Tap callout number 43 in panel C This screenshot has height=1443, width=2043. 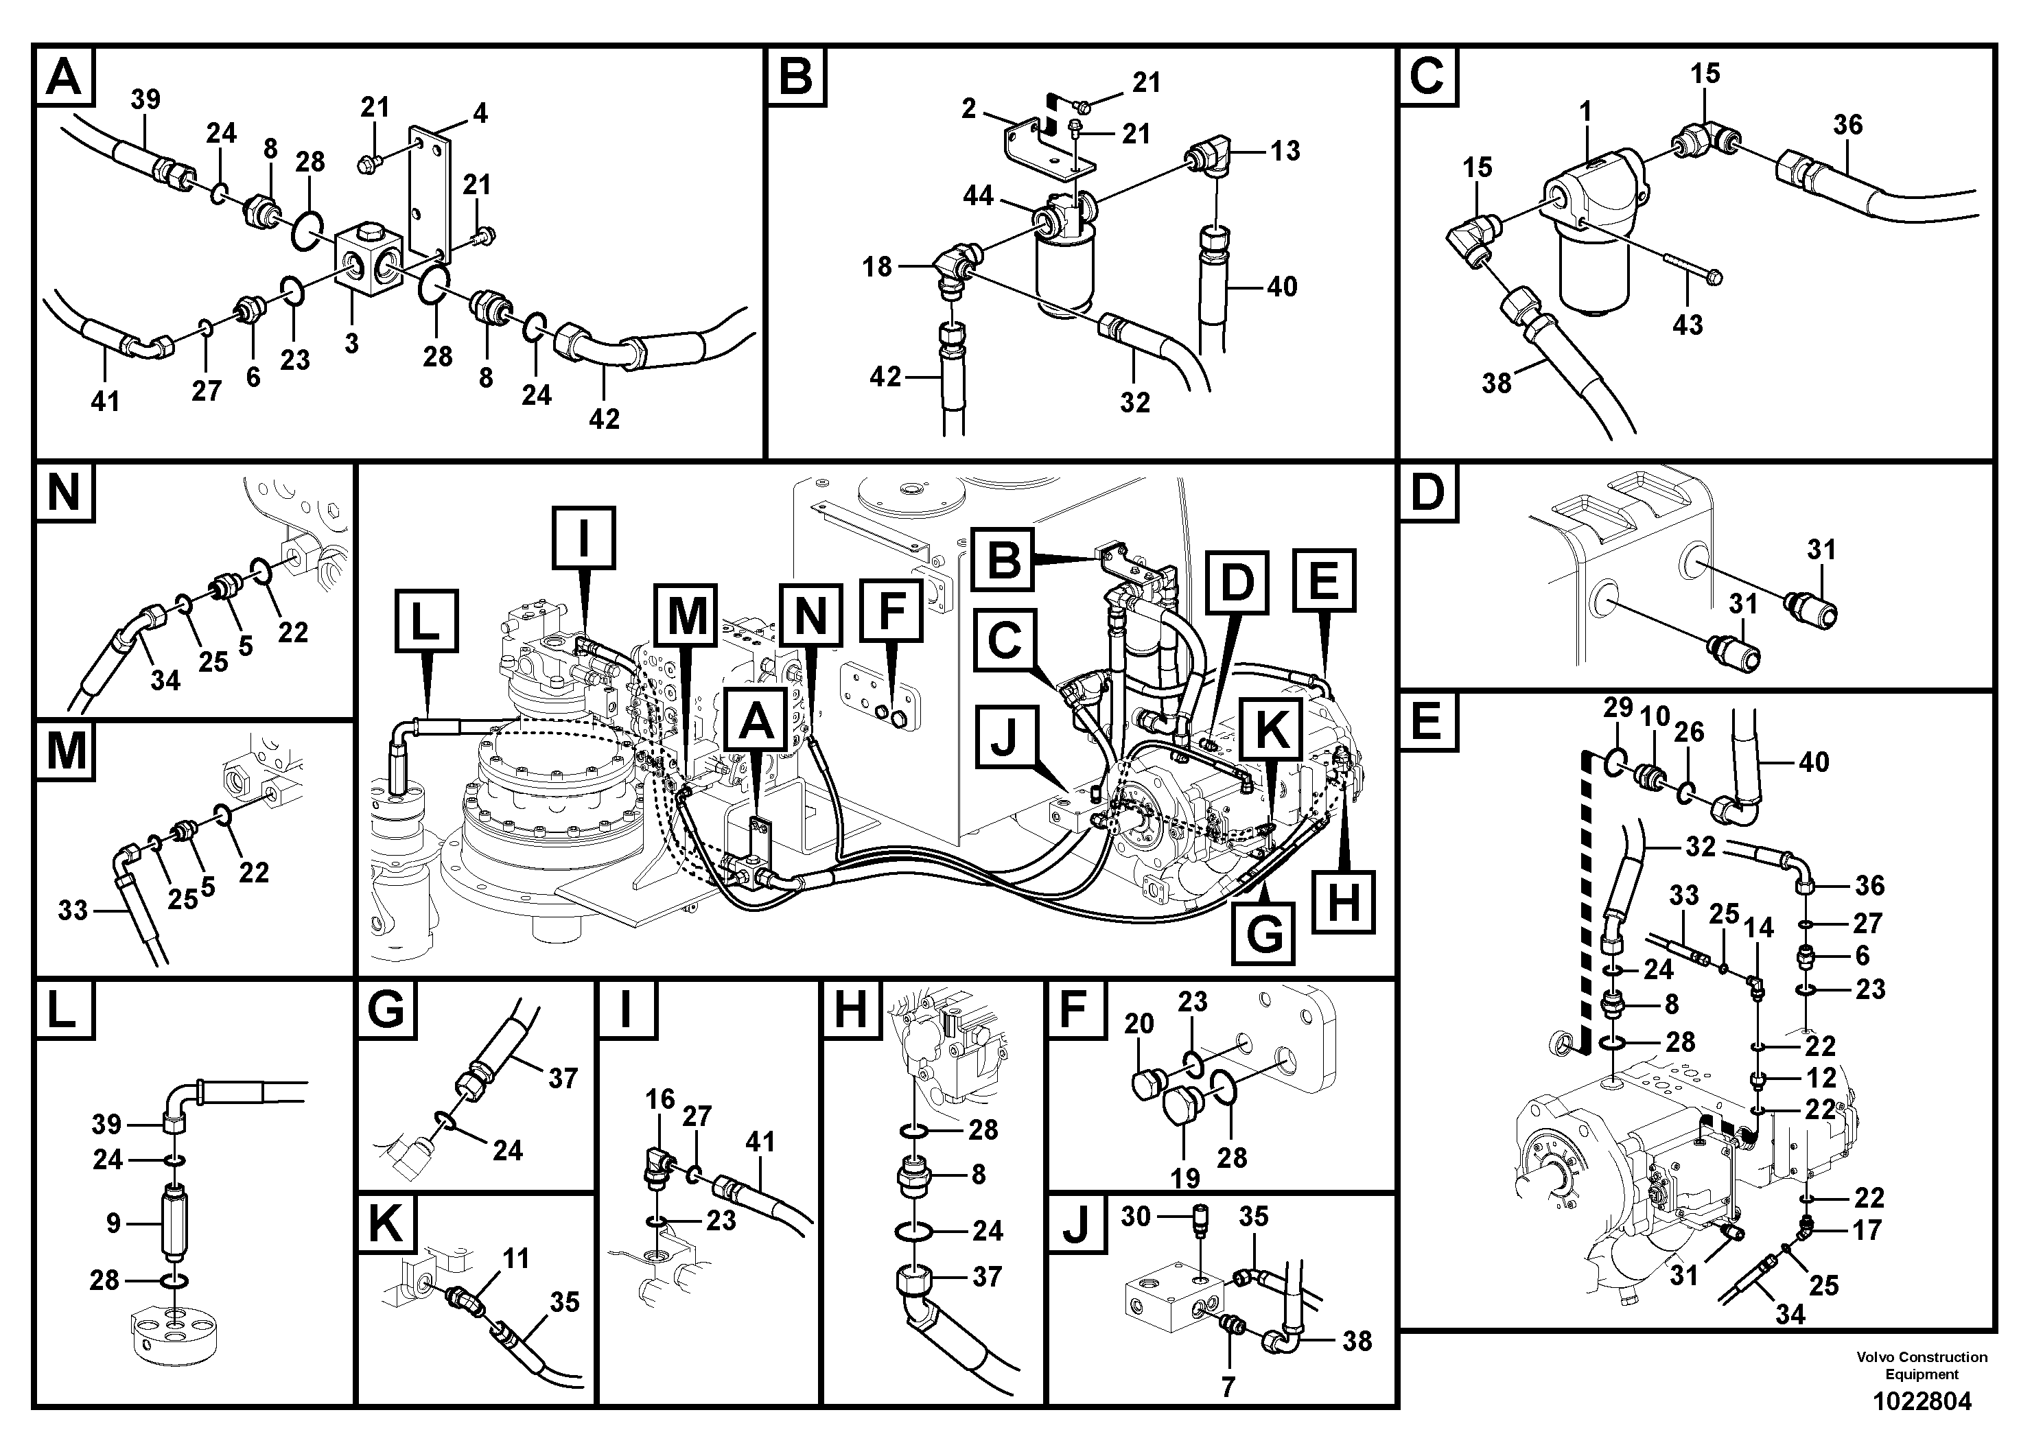click(x=1687, y=324)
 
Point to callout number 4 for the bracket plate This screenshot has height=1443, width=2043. click(x=480, y=113)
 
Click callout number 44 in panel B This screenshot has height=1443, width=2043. click(x=978, y=195)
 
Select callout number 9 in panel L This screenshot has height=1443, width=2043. click(x=113, y=1223)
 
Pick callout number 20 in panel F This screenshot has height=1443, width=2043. click(x=1139, y=1024)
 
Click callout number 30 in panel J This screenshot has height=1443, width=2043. click(x=1135, y=1216)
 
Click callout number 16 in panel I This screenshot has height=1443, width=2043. click(x=659, y=1100)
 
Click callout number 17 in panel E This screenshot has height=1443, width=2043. click(x=1866, y=1230)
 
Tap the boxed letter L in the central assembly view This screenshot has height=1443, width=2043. click(x=425, y=622)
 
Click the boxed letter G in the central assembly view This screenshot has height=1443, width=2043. click(x=1264, y=933)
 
